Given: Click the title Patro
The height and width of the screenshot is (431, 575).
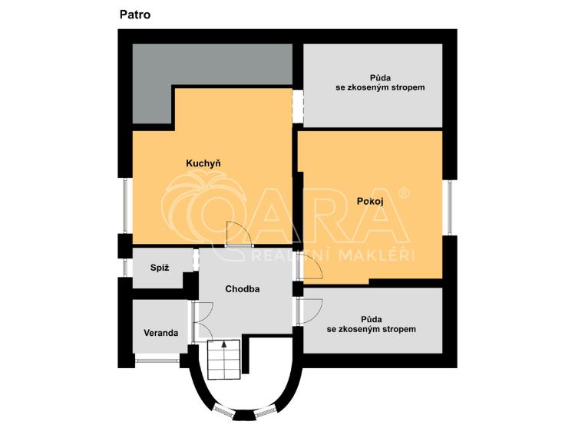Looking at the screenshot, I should [x=135, y=14].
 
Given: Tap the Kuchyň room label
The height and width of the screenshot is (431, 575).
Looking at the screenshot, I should [x=203, y=163].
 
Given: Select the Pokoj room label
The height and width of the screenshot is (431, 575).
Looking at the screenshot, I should [x=370, y=201].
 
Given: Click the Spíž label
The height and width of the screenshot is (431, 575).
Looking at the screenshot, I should [x=159, y=268].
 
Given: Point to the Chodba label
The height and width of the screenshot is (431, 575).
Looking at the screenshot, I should [x=243, y=289].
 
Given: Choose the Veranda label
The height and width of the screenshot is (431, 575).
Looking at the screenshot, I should [x=161, y=333].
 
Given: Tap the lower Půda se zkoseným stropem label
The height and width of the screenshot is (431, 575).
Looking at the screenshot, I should [x=372, y=324].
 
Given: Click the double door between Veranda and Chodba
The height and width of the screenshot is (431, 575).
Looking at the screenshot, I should [x=201, y=321].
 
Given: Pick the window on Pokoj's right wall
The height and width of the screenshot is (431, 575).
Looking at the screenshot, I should [x=451, y=207].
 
